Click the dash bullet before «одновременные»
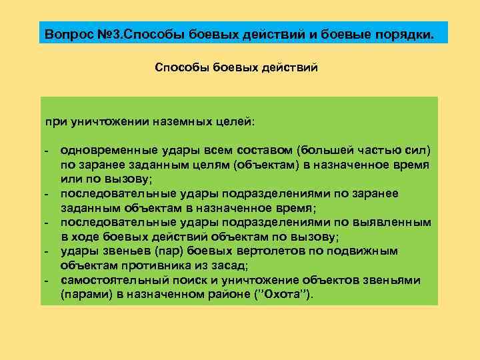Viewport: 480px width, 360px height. click(47, 149)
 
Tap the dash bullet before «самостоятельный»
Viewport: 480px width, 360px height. click(47, 280)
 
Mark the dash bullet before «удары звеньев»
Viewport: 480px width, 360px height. click(47, 251)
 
